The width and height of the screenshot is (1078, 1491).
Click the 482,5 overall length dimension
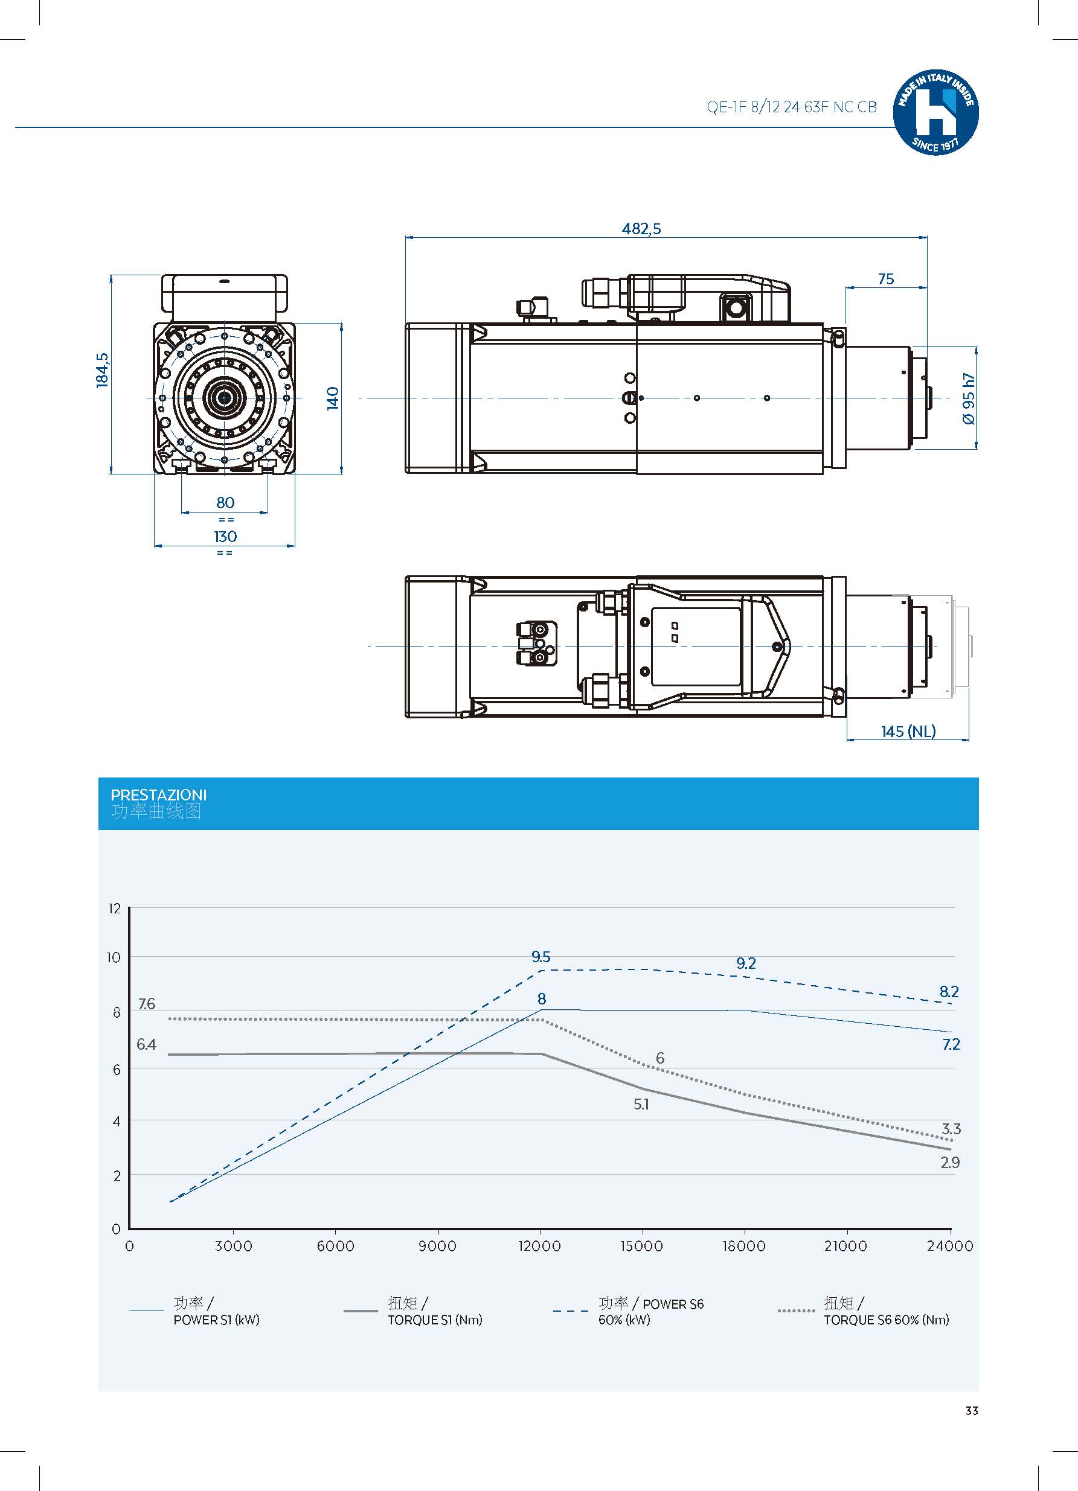(641, 229)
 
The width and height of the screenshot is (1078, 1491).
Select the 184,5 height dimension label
(103, 370)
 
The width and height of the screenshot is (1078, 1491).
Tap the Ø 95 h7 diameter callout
(968, 399)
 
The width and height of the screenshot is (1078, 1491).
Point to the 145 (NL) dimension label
(908, 731)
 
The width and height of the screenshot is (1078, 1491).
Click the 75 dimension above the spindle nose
(885, 279)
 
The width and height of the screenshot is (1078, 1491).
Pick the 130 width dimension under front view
(225, 537)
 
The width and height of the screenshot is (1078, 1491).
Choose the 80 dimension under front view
(225, 502)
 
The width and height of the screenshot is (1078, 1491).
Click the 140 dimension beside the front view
(333, 398)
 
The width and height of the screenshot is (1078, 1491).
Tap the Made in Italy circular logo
(935, 113)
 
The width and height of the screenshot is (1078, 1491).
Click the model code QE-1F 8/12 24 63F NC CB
(791, 107)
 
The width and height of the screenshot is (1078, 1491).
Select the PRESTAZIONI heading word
(158, 795)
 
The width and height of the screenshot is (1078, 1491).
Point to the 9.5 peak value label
(541, 957)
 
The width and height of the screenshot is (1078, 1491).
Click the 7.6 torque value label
(146, 1004)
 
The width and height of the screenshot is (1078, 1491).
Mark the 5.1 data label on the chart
(641, 1105)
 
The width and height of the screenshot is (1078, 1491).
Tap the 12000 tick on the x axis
(539, 1246)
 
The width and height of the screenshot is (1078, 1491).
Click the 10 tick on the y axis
(114, 957)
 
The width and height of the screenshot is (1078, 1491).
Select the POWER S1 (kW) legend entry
(216, 1320)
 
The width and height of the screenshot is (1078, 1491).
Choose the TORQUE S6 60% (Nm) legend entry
(886, 1320)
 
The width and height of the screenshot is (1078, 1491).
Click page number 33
(972, 1411)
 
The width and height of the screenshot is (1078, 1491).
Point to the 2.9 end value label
(950, 1162)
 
